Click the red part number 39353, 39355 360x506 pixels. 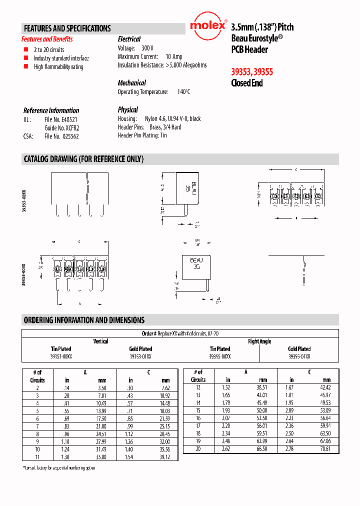(251, 71)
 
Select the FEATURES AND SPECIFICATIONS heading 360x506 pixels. (67, 28)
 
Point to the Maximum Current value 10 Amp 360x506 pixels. (174, 57)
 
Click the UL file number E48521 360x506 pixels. (60, 120)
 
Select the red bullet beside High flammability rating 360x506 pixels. (26, 66)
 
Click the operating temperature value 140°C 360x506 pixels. (183, 92)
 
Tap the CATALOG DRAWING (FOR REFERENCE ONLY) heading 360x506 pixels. (83, 159)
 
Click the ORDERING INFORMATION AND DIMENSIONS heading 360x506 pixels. (84, 320)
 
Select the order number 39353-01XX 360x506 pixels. (140, 356)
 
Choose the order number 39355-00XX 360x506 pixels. (219, 356)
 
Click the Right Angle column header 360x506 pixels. (259, 341)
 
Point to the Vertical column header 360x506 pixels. (100, 341)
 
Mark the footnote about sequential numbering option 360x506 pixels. (59, 467)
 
